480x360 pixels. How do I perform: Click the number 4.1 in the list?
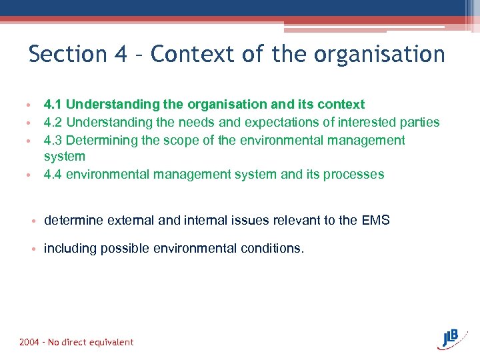tap(53, 104)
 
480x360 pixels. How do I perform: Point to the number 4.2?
tap(53, 122)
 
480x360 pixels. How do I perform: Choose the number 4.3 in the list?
tap(53, 140)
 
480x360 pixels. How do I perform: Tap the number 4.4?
tap(53, 174)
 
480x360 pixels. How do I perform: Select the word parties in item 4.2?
tap(419, 122)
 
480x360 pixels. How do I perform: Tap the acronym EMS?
tap(375, 220)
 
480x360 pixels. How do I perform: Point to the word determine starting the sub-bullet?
tap(71, 220)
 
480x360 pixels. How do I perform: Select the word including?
tap(70, 249)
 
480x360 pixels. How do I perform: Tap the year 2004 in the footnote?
tap(29, 342)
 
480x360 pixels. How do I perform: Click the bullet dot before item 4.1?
tap(29, 105)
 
